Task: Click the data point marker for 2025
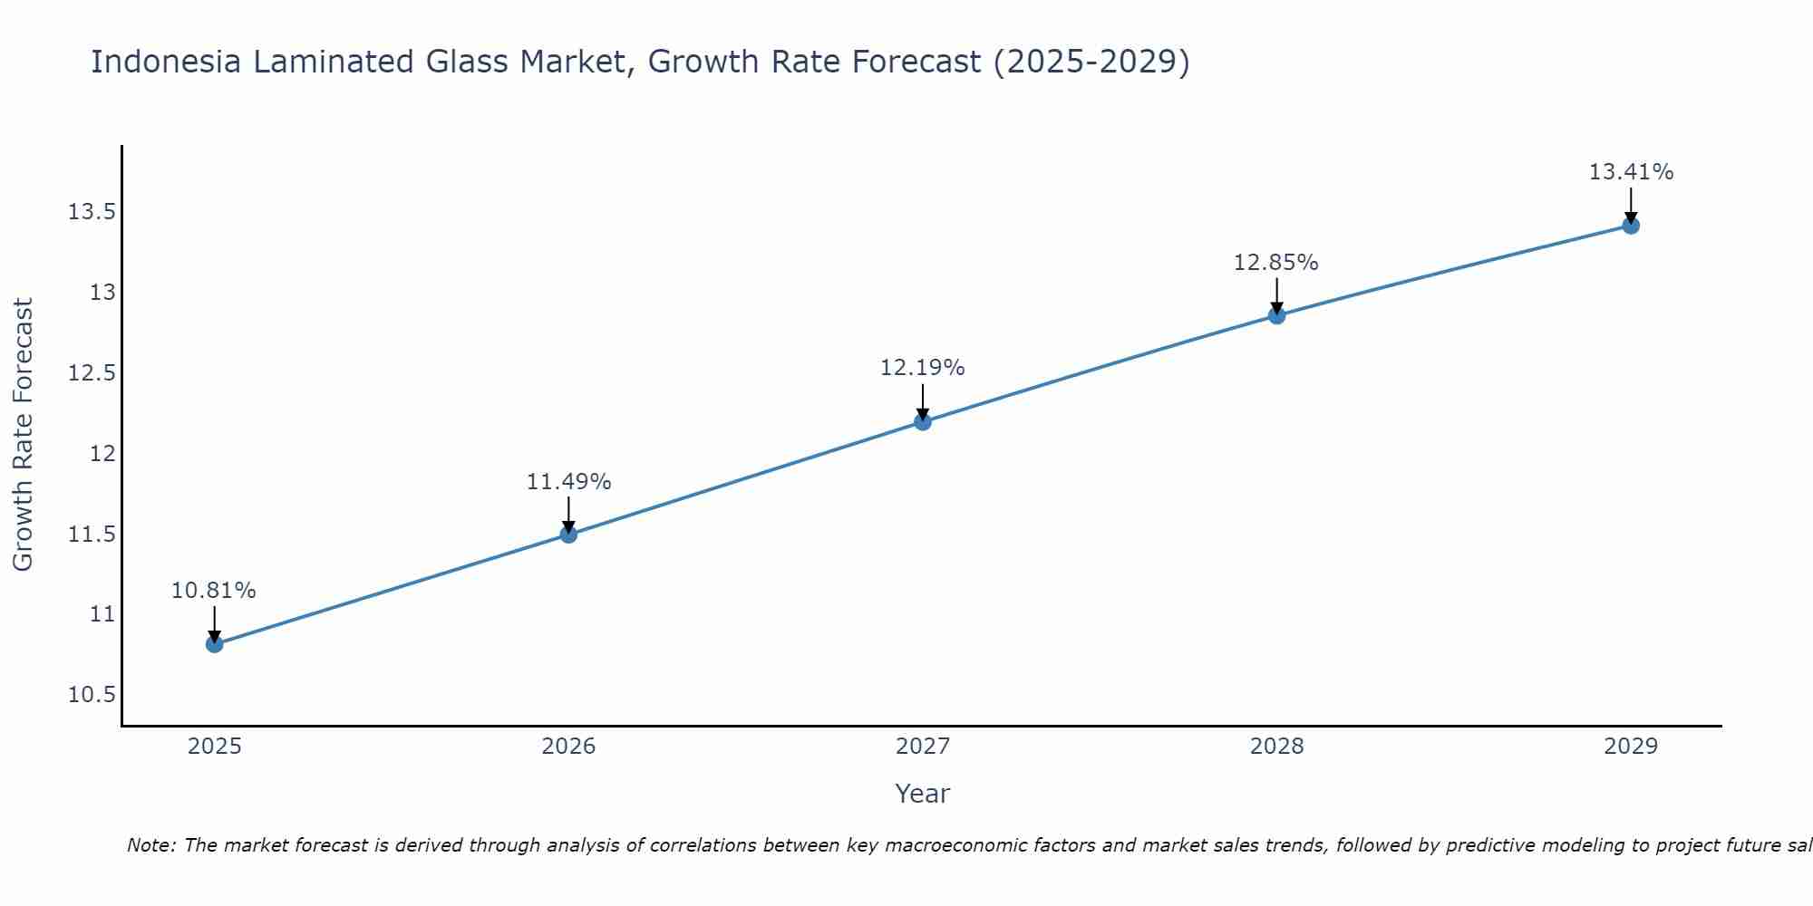click(214, 644)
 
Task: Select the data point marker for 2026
click(568, 535)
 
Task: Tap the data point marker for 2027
click(923, 421)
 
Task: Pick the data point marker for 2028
click(1276, 315)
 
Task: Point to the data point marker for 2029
click(1631, 226)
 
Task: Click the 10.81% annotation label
click(214, 591)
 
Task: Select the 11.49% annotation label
click(568, 482)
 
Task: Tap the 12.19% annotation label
click(923, 368)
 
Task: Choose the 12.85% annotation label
click(1276, 263)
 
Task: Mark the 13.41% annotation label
click(1631, 172)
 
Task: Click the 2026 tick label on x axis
click(568, 747)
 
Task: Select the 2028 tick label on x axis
click(1276, 747)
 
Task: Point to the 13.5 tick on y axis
click(92, 213)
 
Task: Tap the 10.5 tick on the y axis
click(92, 695)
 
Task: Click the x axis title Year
click(923, 794)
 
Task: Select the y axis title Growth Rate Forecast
click(23, 435)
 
